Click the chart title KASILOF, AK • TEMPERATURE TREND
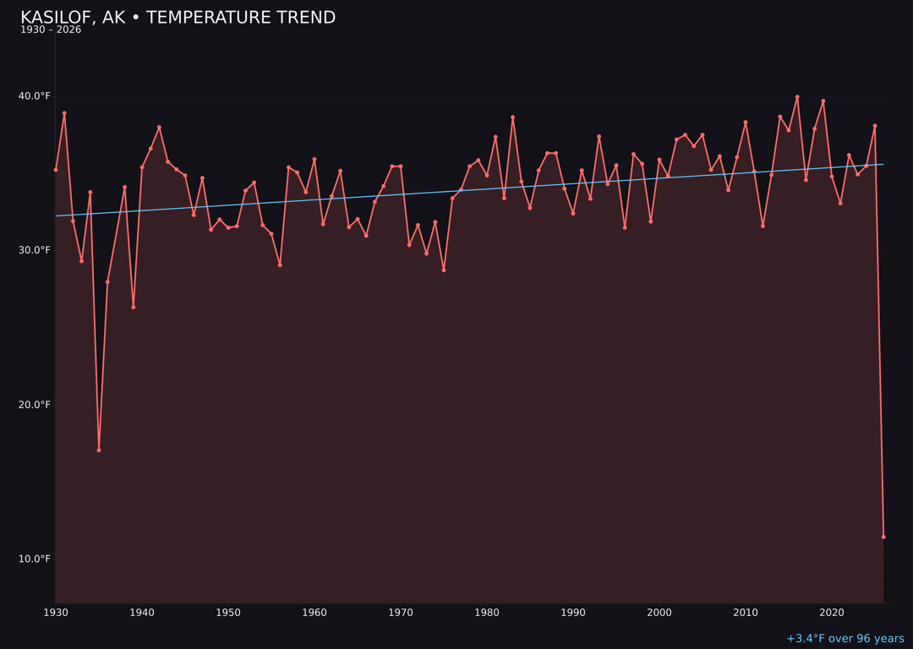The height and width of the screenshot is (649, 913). [x=178, y=18]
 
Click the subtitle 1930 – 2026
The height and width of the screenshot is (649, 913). [x=51, y=30]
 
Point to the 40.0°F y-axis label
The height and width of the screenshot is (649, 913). [x=35, y=96]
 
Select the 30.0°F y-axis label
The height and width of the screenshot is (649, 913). [x=35, y=250]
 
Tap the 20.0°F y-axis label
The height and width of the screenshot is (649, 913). [x=35, y=405]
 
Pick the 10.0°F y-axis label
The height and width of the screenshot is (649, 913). [x=35, y=559]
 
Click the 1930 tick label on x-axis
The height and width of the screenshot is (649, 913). [x=56, y=612]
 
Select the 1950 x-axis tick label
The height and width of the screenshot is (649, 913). [x=228, y=612]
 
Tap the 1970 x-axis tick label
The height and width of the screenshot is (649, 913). [x=401, y=612]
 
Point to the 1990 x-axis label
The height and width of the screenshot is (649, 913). [x=573, y=612]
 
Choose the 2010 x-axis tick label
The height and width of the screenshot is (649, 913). [x=746, y=612]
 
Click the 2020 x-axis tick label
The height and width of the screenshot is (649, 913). [x=832, y=612]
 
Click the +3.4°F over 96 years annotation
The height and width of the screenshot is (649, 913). [x=845, y=639]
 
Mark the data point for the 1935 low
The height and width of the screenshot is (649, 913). [x=99, y=450]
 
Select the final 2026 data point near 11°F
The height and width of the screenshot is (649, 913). [x=883, y=537]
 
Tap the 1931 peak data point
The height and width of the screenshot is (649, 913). [x=64, y=113]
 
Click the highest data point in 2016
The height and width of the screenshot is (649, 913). [x=797, y=97]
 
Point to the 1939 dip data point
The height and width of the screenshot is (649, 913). [x=134, y=307]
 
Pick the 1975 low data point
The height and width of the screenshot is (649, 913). [x=444, y=270]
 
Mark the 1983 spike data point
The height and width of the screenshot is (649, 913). [x=512, y=117]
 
